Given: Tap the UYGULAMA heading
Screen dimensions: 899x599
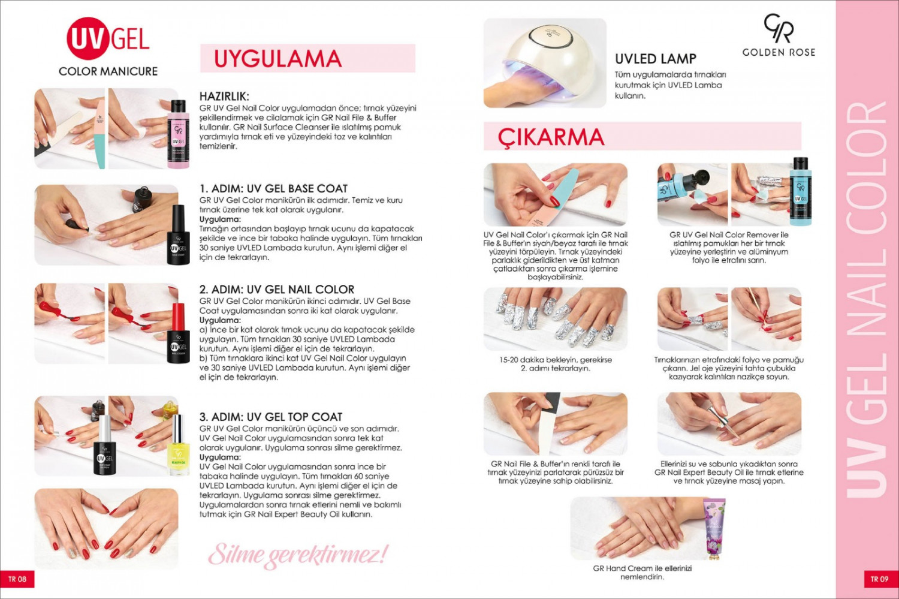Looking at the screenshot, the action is pyautogui.click(x=277, y=59).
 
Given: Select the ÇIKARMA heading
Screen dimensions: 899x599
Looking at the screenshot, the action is pyautogui.click(x=551, y=137).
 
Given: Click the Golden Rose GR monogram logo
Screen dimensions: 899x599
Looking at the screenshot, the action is pyautogui.click(x=779, y=28).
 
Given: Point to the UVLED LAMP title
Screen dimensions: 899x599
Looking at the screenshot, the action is pyautogui.click(x=656, y=59).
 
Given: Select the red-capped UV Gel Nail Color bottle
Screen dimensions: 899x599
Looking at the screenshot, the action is pyautogui.click(x=178, y=333).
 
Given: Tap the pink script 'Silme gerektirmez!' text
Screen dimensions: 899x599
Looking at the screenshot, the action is pyautogui.click(x=298, y=556).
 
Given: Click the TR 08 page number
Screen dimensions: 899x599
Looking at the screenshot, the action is pyautogui.click(x=17, y=579).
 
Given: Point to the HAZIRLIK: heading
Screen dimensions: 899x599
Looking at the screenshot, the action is pyautogui.click(x=224, y=97).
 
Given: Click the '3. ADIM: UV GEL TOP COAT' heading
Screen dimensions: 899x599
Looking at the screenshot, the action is pyautogui.click(x=271, y=417).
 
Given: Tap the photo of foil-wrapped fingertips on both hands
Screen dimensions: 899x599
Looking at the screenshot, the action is pyautogui.click(x=556, y=319).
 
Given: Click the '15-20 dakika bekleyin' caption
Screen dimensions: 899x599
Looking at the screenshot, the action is pyautogui.click(x=556, y=364).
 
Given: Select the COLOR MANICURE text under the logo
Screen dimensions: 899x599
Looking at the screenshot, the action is pyautogui.click(x=108, y=71).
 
